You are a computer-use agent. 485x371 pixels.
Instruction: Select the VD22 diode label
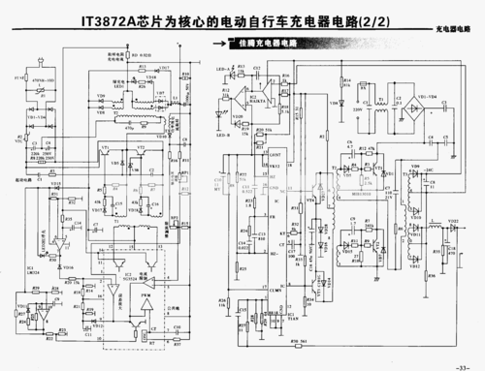pos(453,221)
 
